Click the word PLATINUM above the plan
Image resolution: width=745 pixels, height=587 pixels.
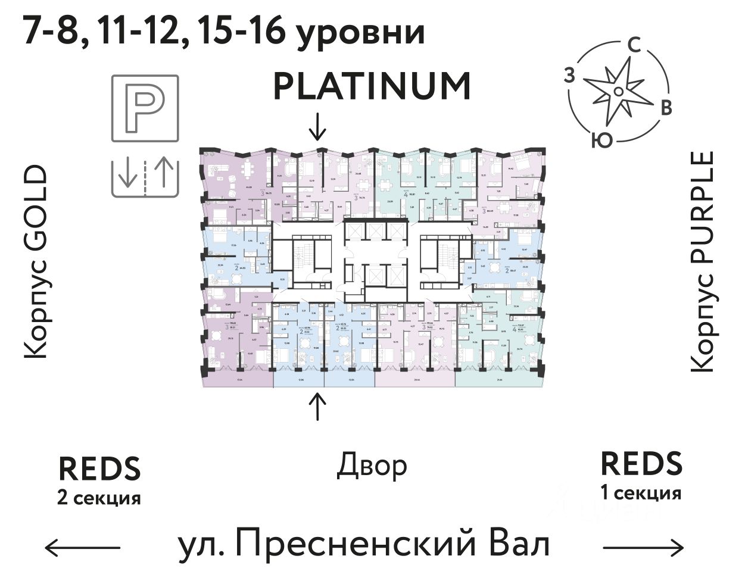tap(372, 86)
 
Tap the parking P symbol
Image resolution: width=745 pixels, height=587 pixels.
tap(145, 108)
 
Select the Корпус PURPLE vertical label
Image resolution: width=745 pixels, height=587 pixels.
tap(703, 262)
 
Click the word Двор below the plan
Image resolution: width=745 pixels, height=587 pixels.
tap(372, 466)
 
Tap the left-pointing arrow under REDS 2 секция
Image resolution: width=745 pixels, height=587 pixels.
tap(83, 547)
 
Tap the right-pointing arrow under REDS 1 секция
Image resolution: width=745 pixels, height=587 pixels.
tap(643, 547)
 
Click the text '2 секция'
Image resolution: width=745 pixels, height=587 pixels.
tap(99, 498)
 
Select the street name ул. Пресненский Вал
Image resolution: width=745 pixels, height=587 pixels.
tap(364, 544)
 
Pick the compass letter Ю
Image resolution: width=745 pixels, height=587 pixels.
tap(603, 140)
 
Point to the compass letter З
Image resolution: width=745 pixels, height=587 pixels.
tap(570, 76)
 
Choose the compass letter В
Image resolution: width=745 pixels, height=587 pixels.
tap(666, 107)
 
